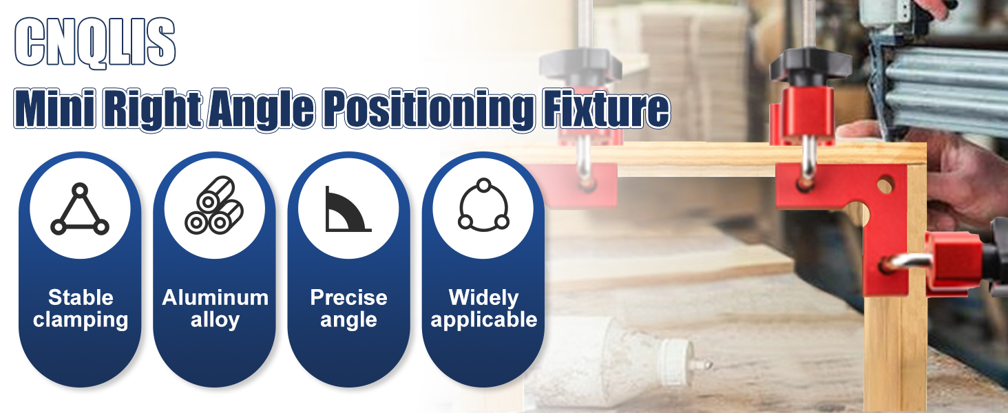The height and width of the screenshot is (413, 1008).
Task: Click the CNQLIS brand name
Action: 94,43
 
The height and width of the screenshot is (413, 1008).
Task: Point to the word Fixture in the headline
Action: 606,109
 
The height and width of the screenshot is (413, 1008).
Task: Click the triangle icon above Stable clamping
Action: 80,209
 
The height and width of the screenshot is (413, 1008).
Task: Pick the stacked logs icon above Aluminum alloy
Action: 214,205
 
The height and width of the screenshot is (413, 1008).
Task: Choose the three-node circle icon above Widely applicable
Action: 483,205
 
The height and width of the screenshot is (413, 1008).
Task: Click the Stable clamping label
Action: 80,308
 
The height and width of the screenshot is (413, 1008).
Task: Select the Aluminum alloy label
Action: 215,308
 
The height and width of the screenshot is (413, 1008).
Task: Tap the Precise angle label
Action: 349,308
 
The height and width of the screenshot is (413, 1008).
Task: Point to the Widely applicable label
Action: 484,308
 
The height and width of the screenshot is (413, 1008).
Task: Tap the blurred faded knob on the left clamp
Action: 580,66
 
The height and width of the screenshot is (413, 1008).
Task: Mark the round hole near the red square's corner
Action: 885,185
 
